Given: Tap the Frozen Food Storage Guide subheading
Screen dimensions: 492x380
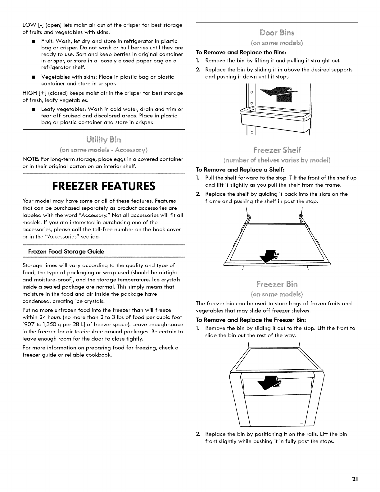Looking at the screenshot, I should pyautogui.click(x=66, y=251).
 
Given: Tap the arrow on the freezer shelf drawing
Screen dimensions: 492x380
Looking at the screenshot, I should pyautogui.click(x=271, y=255).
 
